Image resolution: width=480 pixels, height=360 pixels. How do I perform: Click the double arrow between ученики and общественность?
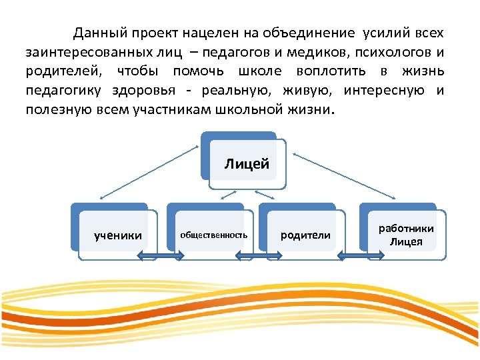161,256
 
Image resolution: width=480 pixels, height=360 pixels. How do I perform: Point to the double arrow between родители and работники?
351,256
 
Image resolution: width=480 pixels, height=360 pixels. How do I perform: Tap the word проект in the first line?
159,33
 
